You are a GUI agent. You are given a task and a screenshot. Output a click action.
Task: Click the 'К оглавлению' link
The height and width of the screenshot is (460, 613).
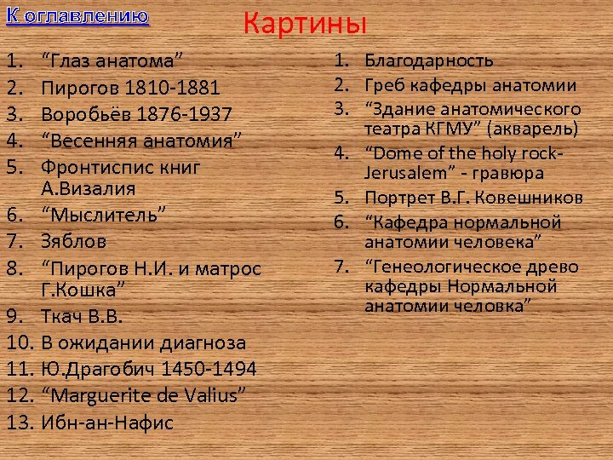77,16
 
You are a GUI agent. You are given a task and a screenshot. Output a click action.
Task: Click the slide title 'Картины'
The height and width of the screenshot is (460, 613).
305,23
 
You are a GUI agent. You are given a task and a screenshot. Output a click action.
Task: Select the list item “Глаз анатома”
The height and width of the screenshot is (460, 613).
115,61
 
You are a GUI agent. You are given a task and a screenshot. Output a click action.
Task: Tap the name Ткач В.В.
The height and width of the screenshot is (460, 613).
83,318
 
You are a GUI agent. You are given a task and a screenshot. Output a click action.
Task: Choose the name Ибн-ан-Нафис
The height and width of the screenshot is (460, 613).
107,422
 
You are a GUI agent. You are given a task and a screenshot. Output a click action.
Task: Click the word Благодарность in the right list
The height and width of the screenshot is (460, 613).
429,61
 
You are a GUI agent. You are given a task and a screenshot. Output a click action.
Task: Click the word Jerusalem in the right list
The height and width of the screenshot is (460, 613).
403,173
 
